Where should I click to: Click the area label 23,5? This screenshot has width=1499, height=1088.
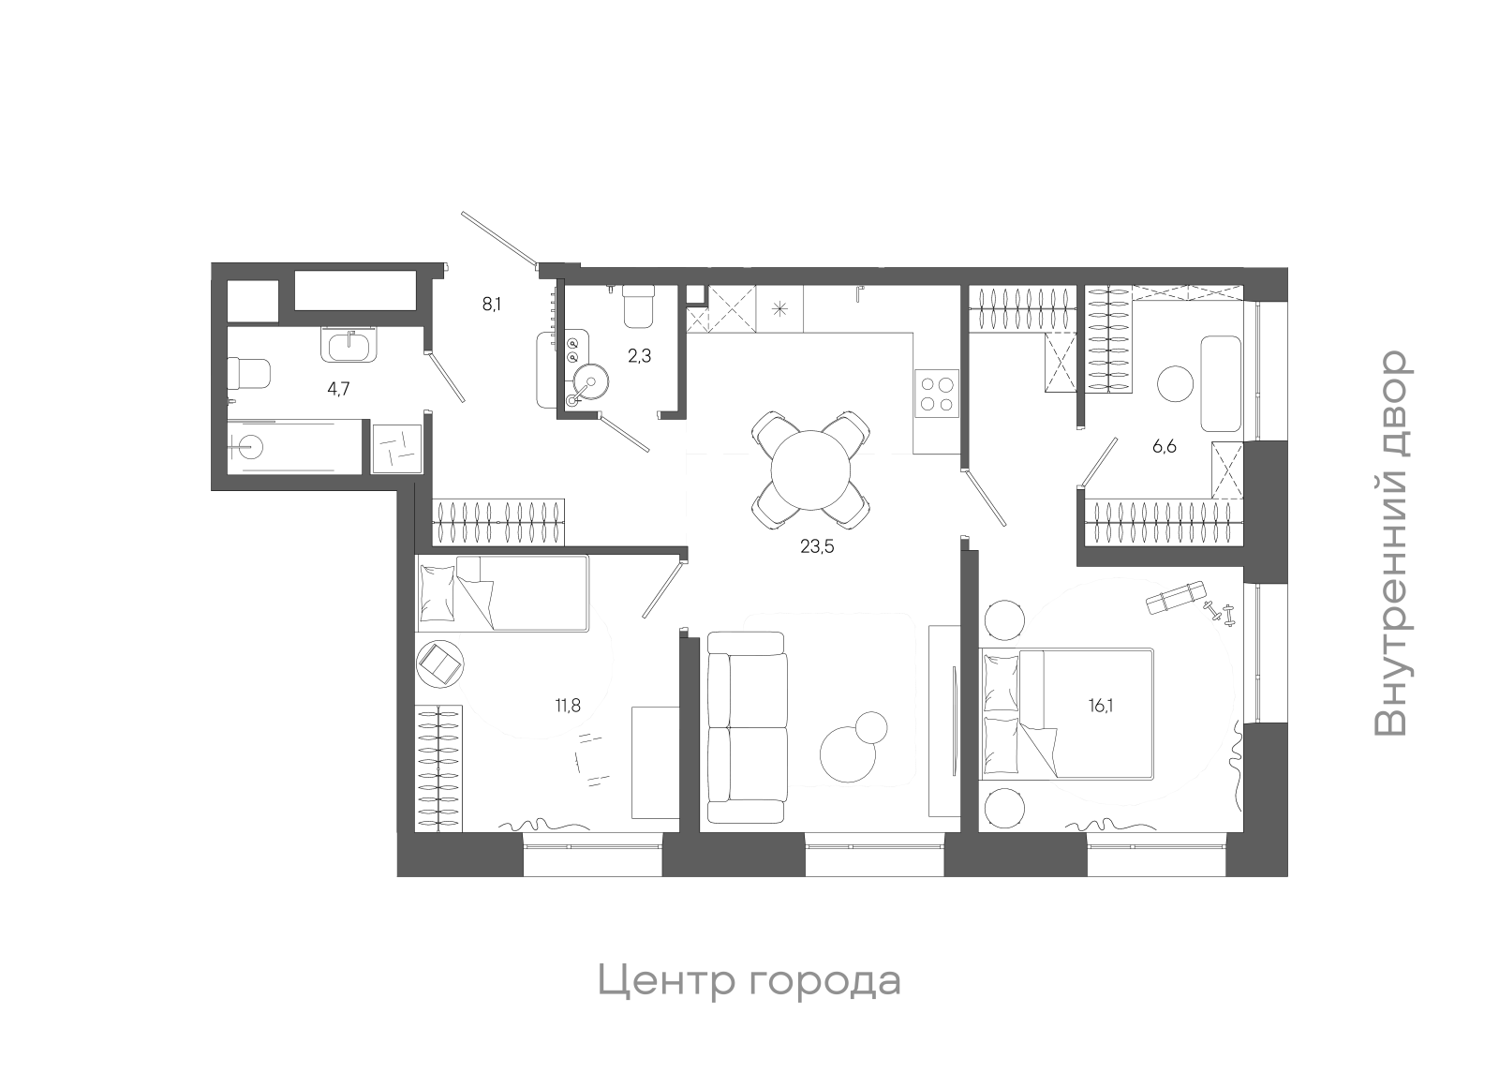817,546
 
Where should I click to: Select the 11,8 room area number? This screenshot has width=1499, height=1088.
568,706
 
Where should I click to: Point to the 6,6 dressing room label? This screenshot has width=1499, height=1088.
1164,446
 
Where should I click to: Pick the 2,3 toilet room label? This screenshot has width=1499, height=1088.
639,356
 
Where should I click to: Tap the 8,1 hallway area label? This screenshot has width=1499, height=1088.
492,304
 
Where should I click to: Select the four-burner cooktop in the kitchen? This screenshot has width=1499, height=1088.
937,394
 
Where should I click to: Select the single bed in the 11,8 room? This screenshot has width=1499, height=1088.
504,593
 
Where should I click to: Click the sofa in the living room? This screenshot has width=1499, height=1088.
747,727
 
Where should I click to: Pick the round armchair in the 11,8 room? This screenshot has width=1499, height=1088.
438,663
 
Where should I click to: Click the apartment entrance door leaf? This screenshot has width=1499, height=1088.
499,238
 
